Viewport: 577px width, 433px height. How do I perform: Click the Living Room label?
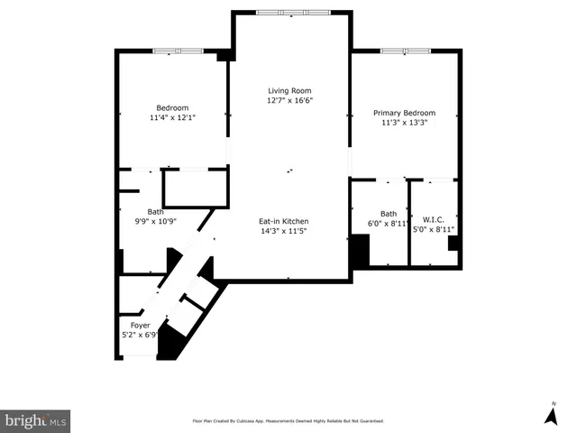pos(288,90)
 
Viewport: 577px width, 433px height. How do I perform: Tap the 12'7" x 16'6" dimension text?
pos(288,101)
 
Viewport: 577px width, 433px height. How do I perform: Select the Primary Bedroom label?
pos(404,113)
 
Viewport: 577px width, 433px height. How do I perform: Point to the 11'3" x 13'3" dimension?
pos(404,124)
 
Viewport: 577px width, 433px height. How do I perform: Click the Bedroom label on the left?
pos(172,107)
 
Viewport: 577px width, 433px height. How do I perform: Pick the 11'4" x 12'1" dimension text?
pos(172,117)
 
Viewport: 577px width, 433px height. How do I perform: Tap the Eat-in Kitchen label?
pos(284,221)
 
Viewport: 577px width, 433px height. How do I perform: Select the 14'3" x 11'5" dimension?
pos(284,231)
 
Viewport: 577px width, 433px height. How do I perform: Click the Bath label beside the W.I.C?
pos(388,214)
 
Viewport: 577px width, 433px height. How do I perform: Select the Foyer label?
pos(140,325)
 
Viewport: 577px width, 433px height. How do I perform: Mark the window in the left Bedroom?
pos(177,51)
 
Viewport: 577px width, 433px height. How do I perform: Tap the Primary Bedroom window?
pos(405,51)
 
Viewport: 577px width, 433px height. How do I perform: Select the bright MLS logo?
pos(36,420)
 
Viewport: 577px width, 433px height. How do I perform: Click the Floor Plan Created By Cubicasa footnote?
pos(288,420)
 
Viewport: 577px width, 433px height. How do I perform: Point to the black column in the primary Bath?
pos(360,250)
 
